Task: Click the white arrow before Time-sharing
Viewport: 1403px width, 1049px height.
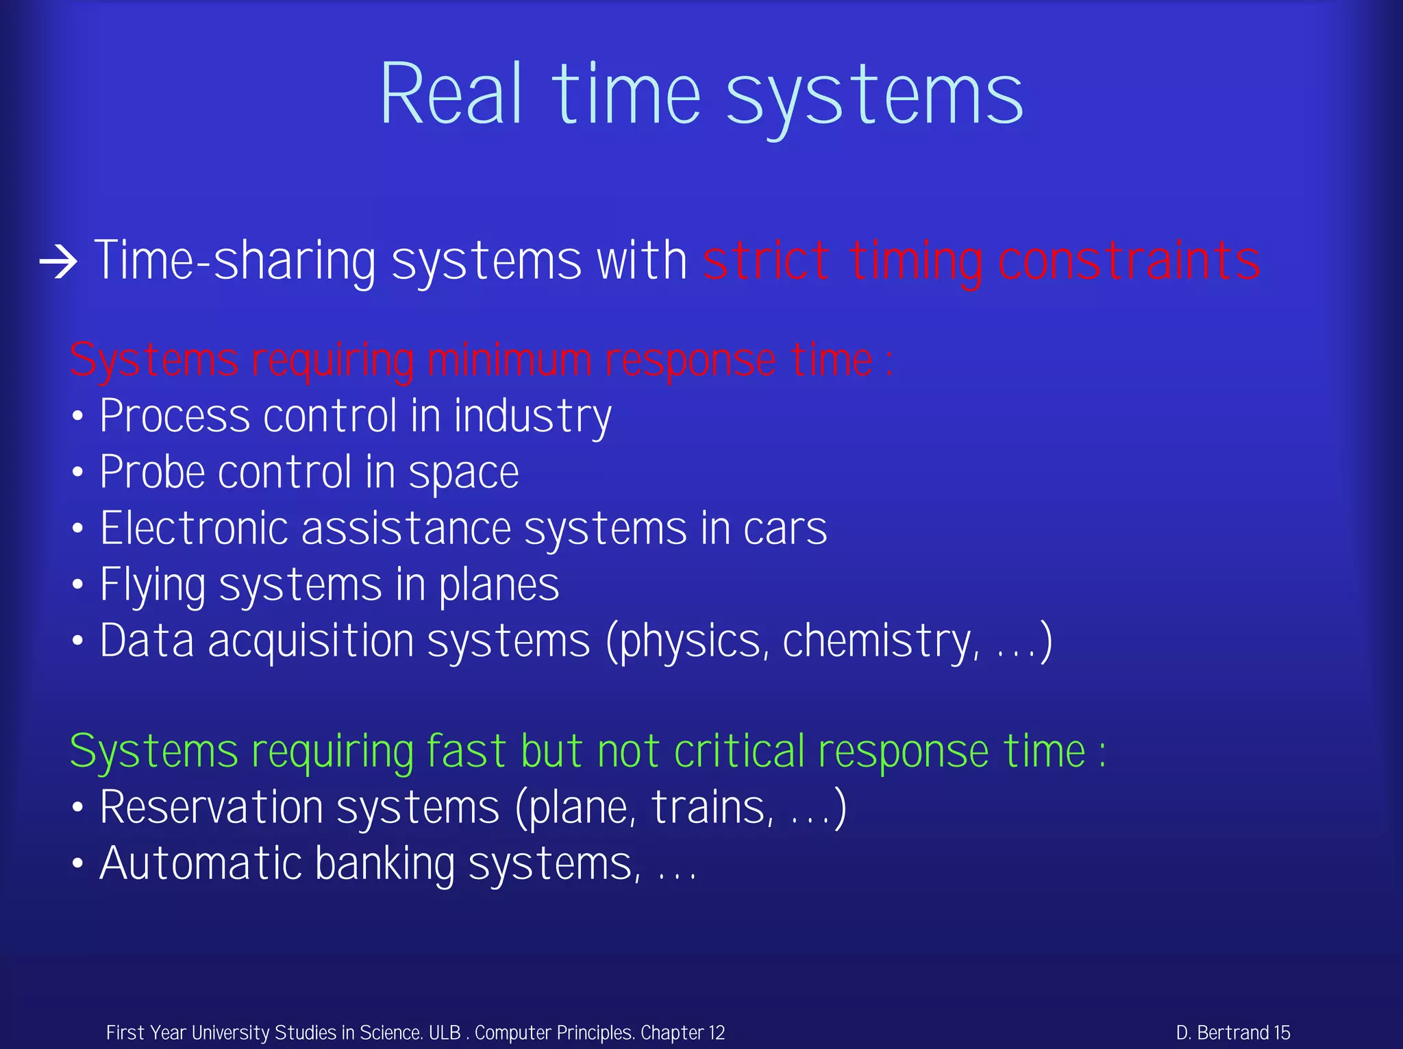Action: (58, 262)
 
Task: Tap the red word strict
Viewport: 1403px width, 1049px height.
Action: (767, 261)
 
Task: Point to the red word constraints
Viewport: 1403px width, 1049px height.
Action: (1128, 261)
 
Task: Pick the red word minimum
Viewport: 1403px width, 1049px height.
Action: (509, 360)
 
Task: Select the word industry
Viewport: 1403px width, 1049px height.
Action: (532, 417)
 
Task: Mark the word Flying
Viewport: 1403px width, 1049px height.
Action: (152, 585)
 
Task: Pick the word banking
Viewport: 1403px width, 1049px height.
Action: (384, 863)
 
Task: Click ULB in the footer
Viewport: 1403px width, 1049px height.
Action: (445, 1033)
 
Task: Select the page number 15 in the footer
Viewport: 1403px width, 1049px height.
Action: (1282, 1033)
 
